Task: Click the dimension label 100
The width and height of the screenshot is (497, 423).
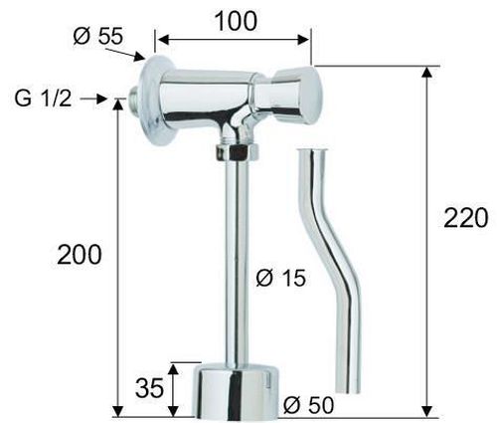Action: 235,20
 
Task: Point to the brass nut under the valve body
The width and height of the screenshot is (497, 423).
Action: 238,152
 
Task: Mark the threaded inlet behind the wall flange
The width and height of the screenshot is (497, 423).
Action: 133,101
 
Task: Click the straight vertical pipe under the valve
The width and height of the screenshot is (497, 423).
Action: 239,259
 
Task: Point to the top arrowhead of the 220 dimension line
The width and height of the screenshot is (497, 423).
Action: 429,72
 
